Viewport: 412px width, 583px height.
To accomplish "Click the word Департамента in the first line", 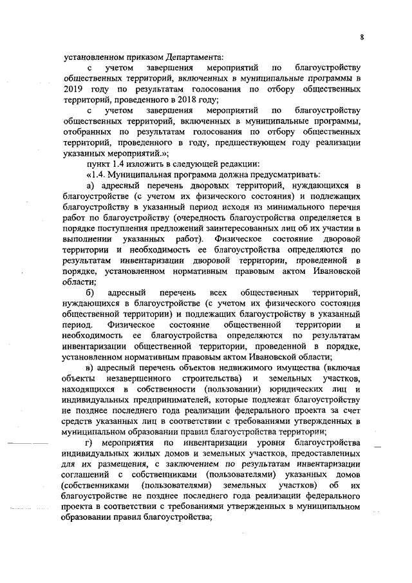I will [x=196, y=57].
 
